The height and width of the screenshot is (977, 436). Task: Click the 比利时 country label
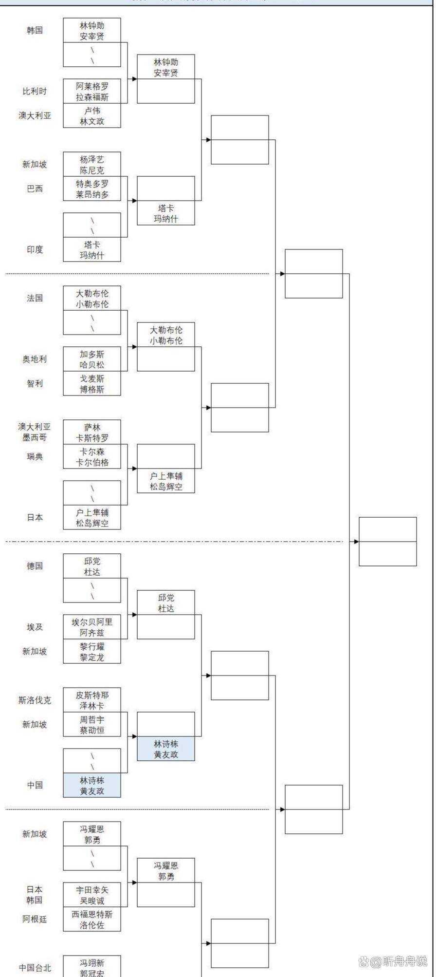[35, 91]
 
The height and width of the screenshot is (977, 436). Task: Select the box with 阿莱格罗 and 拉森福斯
[92, 91]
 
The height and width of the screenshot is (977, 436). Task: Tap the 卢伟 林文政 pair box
[92, 116]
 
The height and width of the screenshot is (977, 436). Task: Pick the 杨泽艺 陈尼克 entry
[92, 165]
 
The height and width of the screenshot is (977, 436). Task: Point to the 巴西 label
[35, 188]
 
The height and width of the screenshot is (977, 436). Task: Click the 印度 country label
[35, 249]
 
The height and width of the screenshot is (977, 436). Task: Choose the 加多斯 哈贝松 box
[92, 359]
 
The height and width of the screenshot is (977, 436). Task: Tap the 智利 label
[35, 383]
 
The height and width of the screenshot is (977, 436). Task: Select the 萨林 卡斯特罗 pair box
[92, 432]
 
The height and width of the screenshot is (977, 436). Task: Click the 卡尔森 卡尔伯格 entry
[92, 457]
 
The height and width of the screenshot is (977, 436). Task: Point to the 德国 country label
[35, 566]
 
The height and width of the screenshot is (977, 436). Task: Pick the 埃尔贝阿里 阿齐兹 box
[92, 627]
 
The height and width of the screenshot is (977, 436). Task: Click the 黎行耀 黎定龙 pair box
[92, 652]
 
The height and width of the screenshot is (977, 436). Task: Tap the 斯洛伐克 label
[35, 700]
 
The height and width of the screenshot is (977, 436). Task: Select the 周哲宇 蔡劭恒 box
[92, 724]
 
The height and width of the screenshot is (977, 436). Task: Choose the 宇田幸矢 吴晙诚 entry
[92, 895]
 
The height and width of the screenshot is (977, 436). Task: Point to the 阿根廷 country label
[35, 919]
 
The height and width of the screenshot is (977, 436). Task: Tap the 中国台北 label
[35, 967]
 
